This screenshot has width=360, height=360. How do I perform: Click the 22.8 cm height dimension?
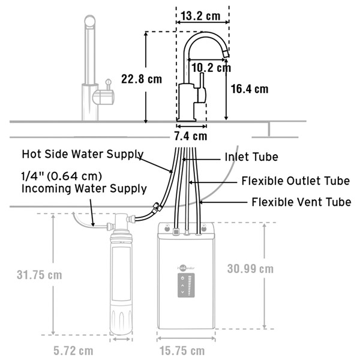[x=142, y=79]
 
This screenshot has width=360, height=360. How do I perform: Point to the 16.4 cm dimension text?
[x=250, y=89]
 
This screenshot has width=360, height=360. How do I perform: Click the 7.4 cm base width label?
[x=190, y=136]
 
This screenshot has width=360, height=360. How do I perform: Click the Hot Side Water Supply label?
[x=83, y=154]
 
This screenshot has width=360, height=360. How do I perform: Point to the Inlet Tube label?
[x=251, y=157]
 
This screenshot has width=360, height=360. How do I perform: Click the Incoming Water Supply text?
[x=84, y=188]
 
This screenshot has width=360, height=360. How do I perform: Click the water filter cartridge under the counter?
[x=121, y=282]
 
